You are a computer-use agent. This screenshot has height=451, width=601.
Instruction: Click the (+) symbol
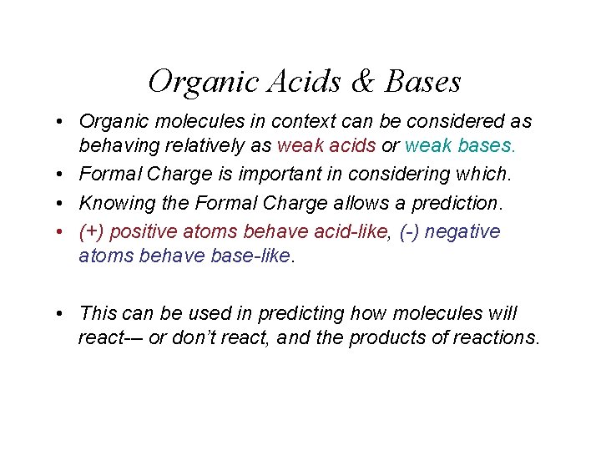(91, 231)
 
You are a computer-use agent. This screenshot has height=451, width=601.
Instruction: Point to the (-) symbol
(408, 231)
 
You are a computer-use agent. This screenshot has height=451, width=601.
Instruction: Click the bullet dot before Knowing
(63, 203)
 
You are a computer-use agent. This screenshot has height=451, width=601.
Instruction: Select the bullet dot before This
(63, 314)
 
